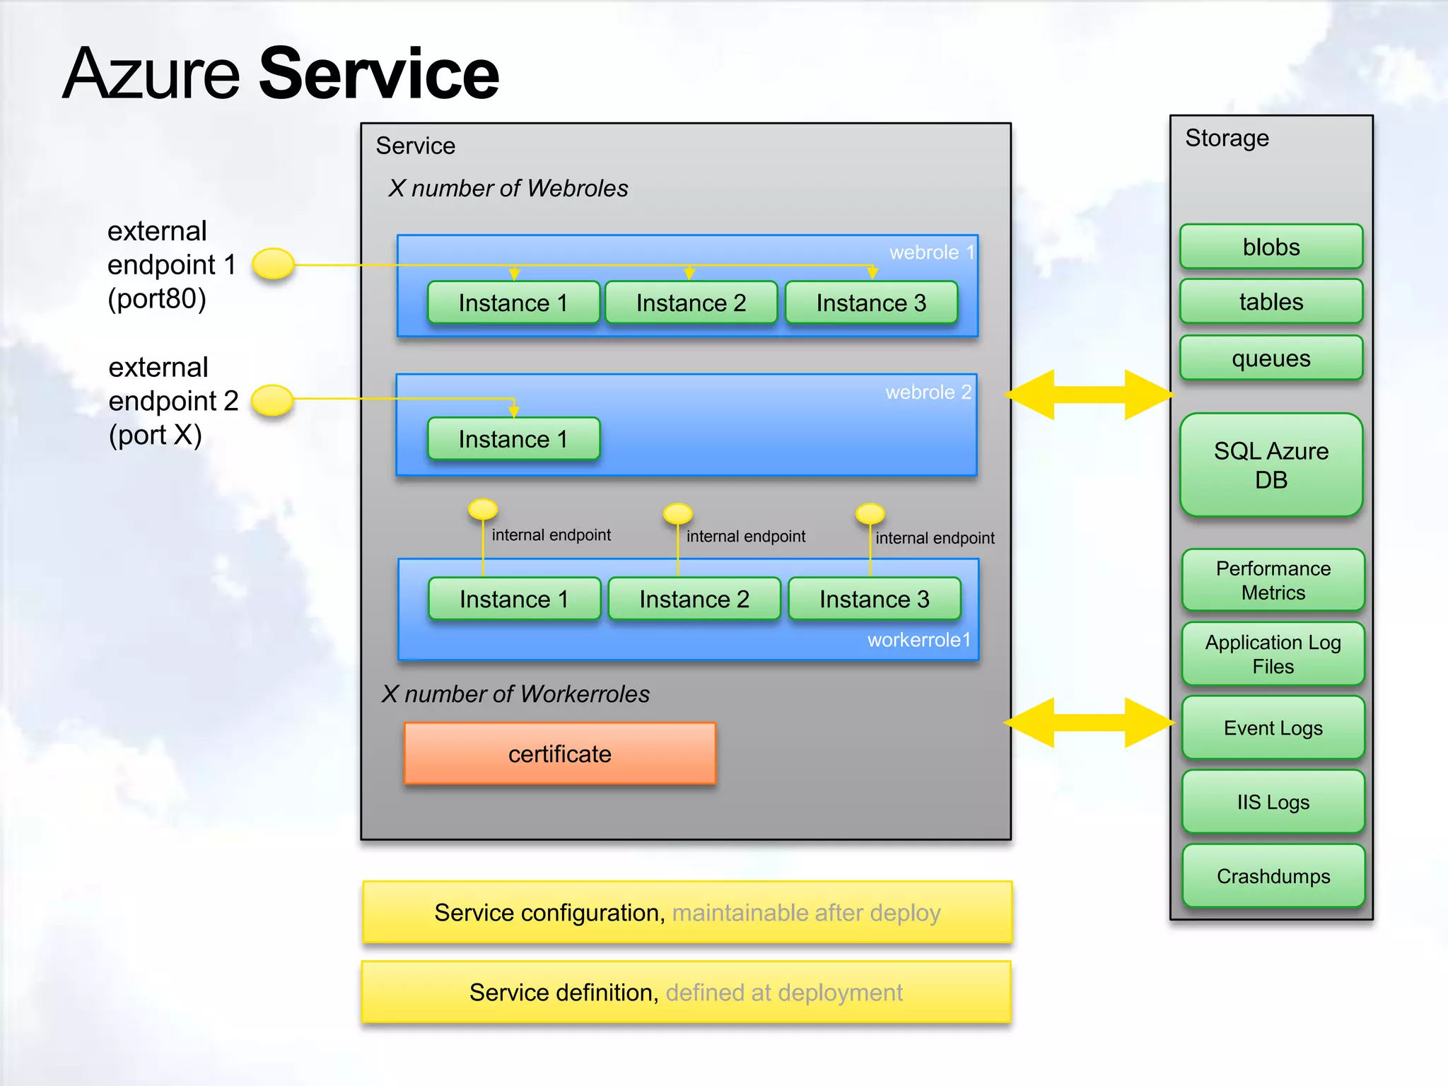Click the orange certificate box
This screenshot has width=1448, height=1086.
tap(559, 754)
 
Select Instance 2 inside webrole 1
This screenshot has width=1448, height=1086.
tap(691, 303)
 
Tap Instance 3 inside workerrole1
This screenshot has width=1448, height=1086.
tap(874, 599)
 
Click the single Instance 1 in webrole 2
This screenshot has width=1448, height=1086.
tap(513, 439)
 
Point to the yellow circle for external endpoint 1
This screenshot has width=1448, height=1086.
tap(273, 264)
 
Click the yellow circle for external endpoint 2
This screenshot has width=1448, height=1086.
tap(272, 400)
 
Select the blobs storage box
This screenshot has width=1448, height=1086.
tap(1271, 247)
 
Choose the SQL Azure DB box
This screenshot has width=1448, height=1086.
tap(1271, 465)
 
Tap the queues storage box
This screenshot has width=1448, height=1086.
tap(1271, 358)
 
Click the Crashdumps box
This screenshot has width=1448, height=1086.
tap(1273, 876)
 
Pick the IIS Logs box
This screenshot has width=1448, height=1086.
tap(1273, 802)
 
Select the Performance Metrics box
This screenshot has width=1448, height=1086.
tap(1273, 580)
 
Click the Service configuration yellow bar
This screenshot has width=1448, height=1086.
tap(687, 912)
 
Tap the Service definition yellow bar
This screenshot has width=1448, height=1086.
tap(686, 992)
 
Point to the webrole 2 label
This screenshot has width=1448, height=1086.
tap(928, 392)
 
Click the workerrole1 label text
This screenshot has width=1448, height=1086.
tap(918, 640)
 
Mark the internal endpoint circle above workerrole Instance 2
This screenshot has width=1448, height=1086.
tap(677, 513)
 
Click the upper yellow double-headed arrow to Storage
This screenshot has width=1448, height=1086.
tap(1089, 395)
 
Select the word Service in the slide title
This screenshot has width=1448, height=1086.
tap(379, 74)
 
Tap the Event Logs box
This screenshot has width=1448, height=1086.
tap(1273, 728)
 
